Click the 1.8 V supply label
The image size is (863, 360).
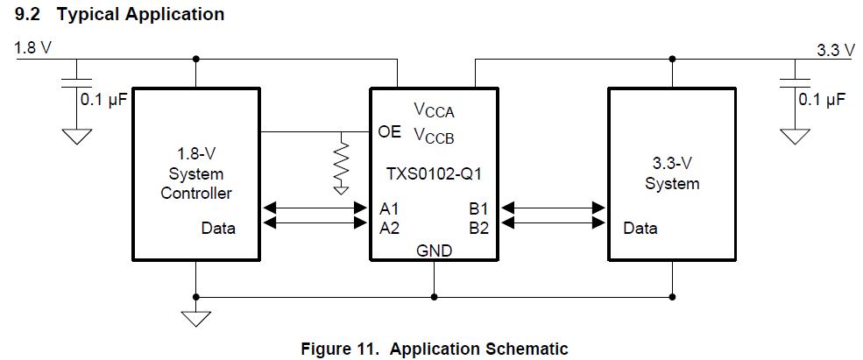(x=33, y=48)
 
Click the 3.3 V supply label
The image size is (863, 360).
(x=835, y=50)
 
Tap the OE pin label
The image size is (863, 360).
(x=389, y=132)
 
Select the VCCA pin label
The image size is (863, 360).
(x=434, y=111)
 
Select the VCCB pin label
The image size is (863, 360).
(x=434, y=137)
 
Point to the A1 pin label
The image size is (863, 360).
(x=390, y=208)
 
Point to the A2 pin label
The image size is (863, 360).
(x=390, y=227)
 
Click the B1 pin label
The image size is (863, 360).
(x=479, y=208)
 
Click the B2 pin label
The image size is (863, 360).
(x=479, y=227)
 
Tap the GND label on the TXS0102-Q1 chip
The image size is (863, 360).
(x=434, y=250)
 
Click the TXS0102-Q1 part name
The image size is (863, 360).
(x=435, y=173)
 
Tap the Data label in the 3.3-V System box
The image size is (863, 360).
(x=640, y=229)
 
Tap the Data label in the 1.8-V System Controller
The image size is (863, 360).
(x=218, y=229)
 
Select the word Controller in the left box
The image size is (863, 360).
(x=196, y=193)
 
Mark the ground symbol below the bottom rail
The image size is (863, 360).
(x=196, y=317)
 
